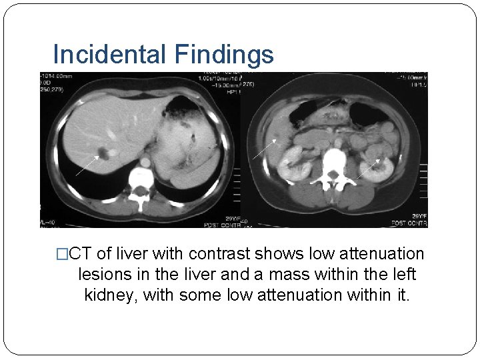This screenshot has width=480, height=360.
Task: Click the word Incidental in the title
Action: click(107, 54)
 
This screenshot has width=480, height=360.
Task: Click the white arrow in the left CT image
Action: click(87, 165)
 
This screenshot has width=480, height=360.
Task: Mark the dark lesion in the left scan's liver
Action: click(104, 154)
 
